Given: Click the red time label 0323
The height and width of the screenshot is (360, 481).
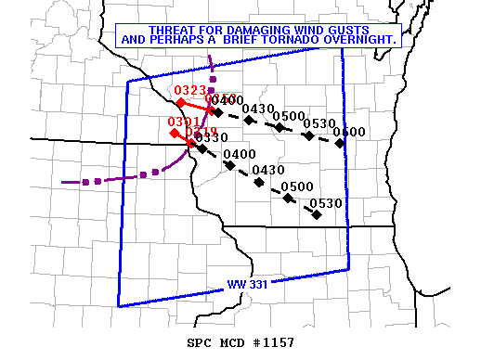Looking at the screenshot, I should click(189, 90).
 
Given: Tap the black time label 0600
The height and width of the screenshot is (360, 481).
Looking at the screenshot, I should click(350, 133).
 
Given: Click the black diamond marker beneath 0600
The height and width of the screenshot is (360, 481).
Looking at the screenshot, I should click(340, 143).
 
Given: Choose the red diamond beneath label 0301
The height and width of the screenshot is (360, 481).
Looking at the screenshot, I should click(175, 133).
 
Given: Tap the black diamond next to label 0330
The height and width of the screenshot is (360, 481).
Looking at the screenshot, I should click(201, 148).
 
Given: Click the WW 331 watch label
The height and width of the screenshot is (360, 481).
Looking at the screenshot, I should click(247, 284).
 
